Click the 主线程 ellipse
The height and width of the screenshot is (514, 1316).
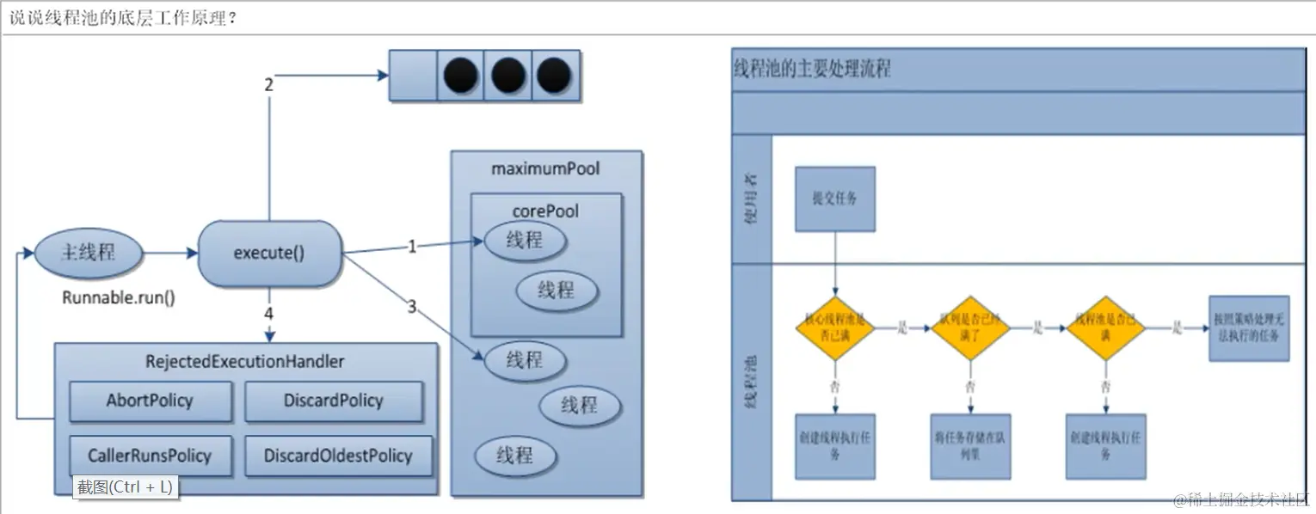tap(88, 253)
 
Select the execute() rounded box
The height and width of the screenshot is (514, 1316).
tap(269, 254)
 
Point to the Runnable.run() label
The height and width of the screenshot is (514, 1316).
tap(119, 298)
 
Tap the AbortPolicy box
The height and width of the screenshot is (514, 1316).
tap(151, 401)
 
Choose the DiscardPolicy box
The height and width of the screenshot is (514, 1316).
tap(334, 401)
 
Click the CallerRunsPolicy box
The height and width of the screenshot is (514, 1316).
tap(150, 456)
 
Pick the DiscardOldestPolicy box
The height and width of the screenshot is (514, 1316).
tap(338, 456)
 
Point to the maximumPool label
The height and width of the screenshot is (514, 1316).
tap(545, 169)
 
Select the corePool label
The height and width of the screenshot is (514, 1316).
tap(545, 211)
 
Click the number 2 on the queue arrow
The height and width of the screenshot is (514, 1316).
tap(268, 84)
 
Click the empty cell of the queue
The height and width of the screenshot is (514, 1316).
tap(414, 76)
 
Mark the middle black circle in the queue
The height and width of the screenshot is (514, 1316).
tap(508, 76)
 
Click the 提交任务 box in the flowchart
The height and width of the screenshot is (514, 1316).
tap(835, 199)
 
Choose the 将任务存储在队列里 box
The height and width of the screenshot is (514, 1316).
tap(970, 446)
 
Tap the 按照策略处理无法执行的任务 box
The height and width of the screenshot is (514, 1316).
tap(1249, 328)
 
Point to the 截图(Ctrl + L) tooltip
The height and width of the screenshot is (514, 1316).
tap(126, 487)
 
